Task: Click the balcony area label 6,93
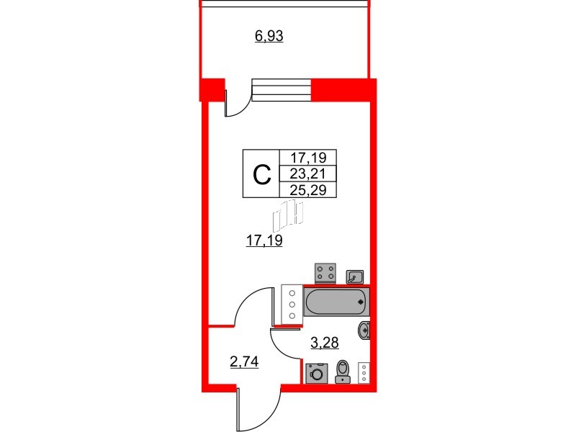[x=269, y=37]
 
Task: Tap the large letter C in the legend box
[x=262, y=175]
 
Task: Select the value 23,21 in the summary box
[x=308, y=174]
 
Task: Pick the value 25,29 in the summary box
[x=308, y=190]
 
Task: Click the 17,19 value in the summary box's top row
[x=308, y=158]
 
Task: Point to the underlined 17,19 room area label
[x=264, y=240]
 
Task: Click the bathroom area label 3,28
[x=325, y=343]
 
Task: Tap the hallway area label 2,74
[x=244, y=362]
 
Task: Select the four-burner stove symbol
[x=325, y=273]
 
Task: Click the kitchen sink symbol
[x=355, y=276]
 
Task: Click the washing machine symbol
[x=317, y=374]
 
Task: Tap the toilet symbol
[x=343, y=372]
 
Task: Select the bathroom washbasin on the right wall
[x=364, y=330]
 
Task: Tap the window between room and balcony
[x=282, y=91]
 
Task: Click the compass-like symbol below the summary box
[x=288, y=215]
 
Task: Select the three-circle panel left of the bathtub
[x=292, y=305]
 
